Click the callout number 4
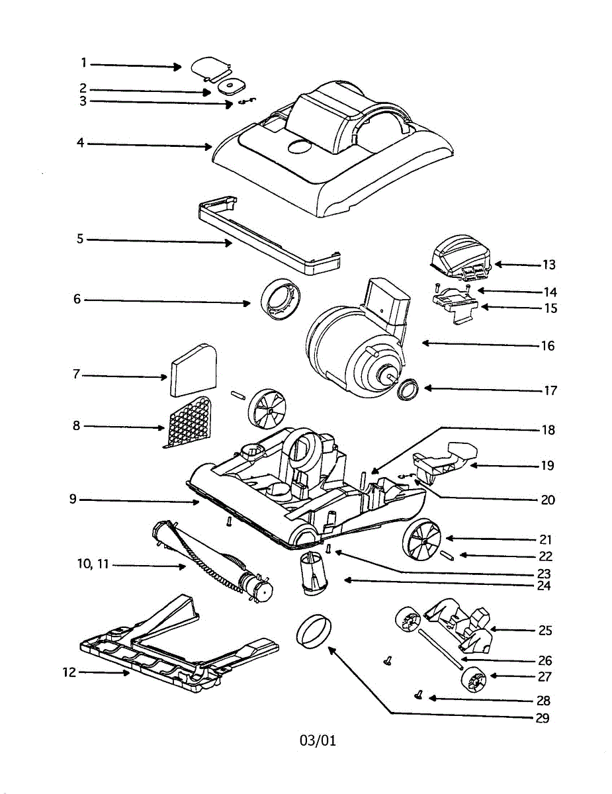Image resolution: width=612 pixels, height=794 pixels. (x=80, y=143)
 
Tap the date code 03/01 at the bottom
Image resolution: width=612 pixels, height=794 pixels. (x=318, y=740)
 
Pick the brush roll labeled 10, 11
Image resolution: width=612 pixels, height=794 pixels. (x=212, y=560)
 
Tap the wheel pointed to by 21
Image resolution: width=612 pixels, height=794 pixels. (x=422, y=540)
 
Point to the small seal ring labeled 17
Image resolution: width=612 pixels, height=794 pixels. (x=408, y=390)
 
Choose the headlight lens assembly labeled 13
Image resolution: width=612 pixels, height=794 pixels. (x=459, y=257)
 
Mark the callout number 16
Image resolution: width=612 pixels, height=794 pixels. (x=547, y=345)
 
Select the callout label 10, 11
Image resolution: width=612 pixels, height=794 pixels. (x=93, y=564)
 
